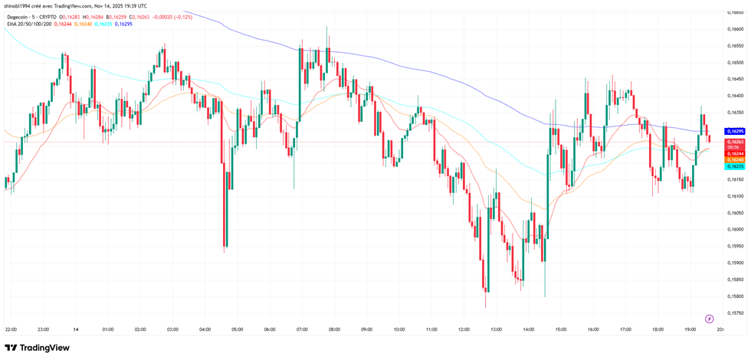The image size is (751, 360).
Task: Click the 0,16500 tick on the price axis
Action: pyautogui.click(x=735, y=63)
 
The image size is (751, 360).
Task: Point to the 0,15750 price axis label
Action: pyautogui.click(x=735, y=313)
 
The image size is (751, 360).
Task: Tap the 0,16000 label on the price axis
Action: pyautogui.click(x=735, y=229)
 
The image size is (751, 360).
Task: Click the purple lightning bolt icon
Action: pyautogui.click(x=709, y=319)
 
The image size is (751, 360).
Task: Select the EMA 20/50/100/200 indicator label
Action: pyautogui.click(x=28, y=24)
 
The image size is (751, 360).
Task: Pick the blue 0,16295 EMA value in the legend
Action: pyautogui.click(x=122, y=24)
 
